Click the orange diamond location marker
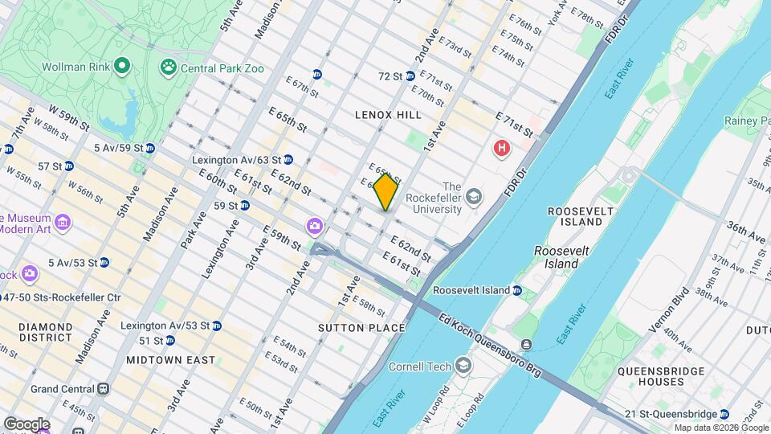coord(385,192)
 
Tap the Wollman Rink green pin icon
coord(122,64)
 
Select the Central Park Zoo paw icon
coord(169,68)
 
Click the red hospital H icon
coord(502,149)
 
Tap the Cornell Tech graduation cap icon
coord(463,366)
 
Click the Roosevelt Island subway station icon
coord(517,290)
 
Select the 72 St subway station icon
coord(410,76)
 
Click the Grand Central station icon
coord(103,389)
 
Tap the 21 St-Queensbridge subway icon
coord(724,414)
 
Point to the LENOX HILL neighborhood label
coord(388,115)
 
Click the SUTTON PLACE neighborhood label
coord(361,328)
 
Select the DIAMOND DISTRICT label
coord(46,333)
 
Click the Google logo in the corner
coord(27,424)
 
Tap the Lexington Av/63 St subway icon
coord(288,160)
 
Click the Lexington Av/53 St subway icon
coord(216,325)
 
